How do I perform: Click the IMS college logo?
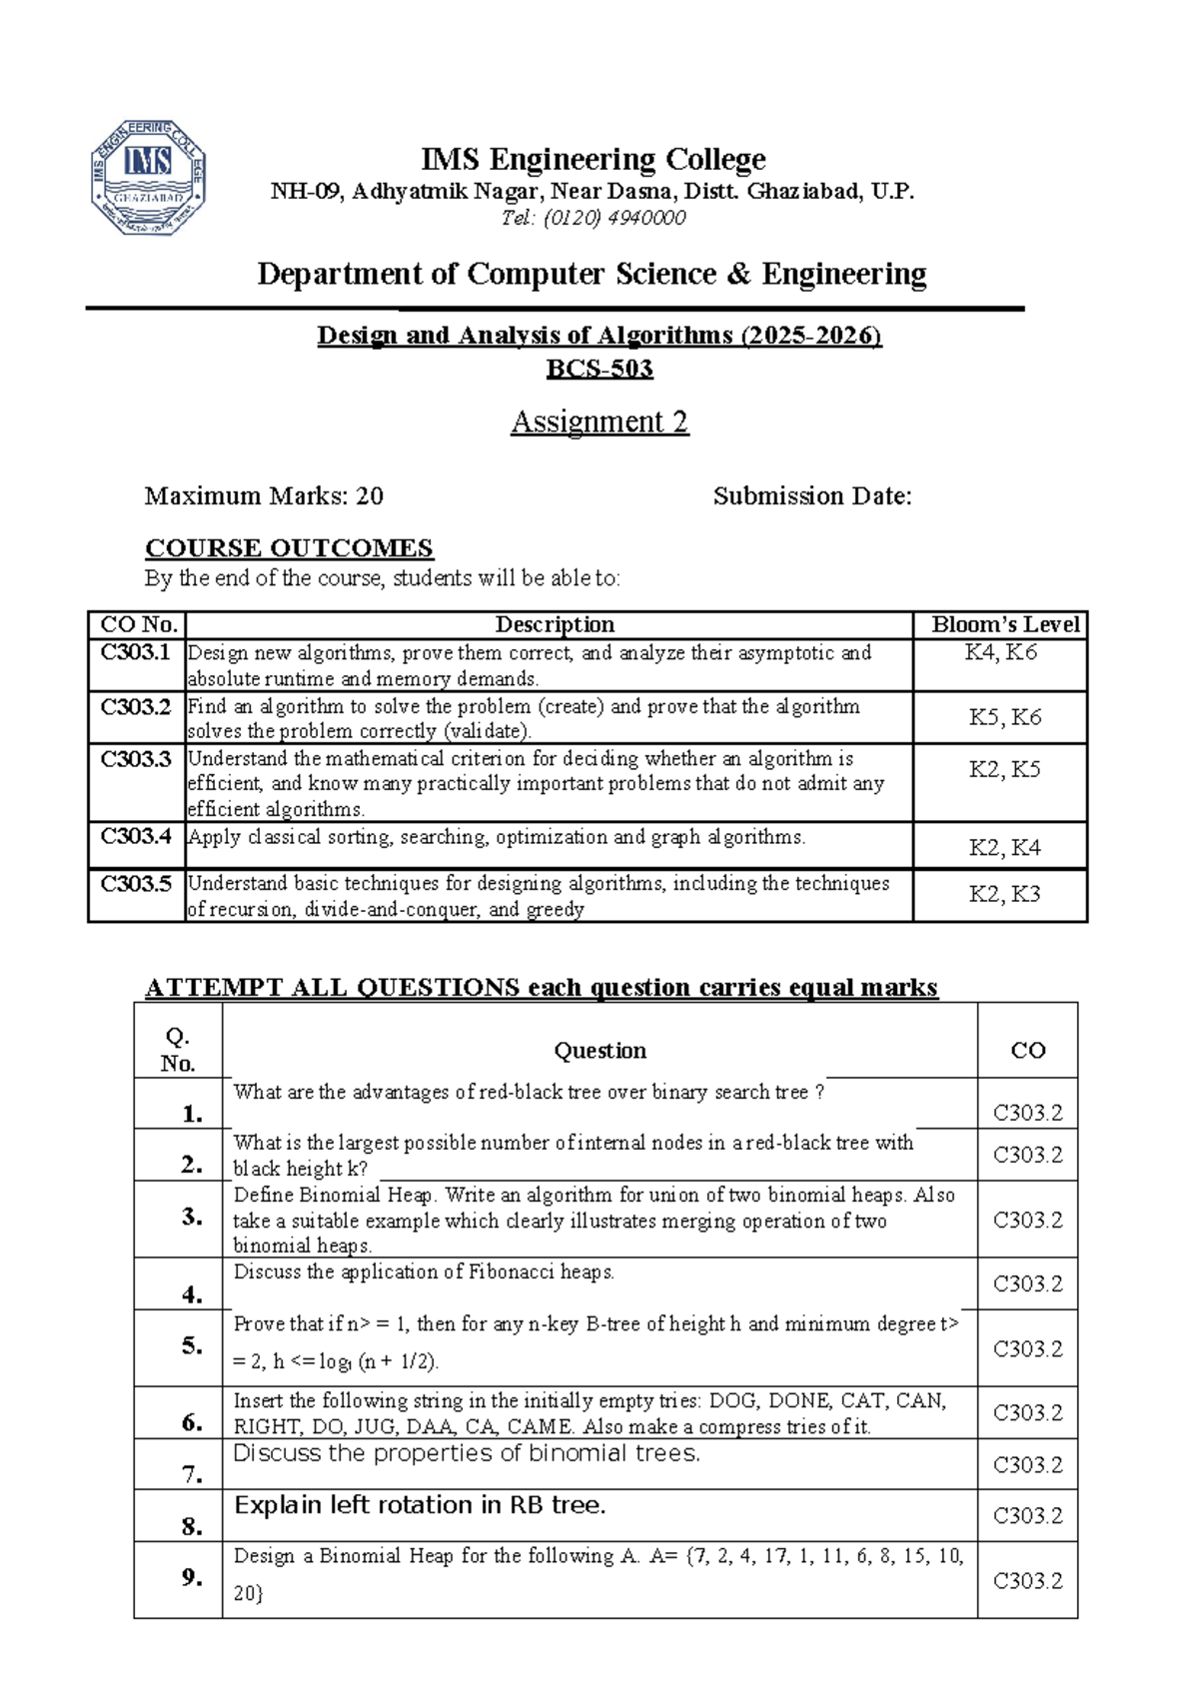point(148,177)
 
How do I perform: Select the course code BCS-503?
point(599,369)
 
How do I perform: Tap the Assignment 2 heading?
point(599,422)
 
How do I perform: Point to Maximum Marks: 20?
point(264,496)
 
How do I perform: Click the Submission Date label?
point(811,496)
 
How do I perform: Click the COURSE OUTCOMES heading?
point(289,548)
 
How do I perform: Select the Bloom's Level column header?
point(1004,625)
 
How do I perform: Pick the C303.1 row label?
point(136,653)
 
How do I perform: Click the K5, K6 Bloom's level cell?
point(1004,717)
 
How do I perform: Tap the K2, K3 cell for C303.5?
point(1004,894)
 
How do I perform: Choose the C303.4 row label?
point(136,836)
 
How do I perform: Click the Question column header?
point(599,1051)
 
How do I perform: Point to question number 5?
point(192,1346)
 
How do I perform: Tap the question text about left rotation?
point(420,1505)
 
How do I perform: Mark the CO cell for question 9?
point(1027,1581)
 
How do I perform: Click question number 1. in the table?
point(192,1114)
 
